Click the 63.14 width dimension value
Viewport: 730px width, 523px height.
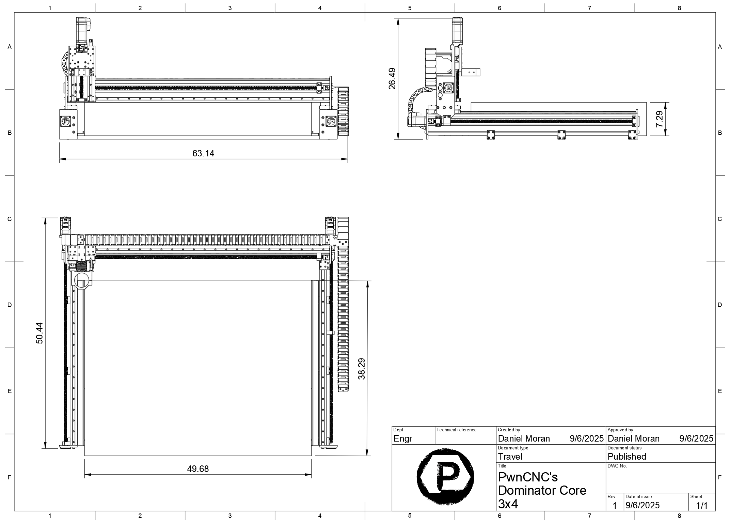[x=203, y=153]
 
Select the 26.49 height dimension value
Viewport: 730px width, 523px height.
[x=392, y=79]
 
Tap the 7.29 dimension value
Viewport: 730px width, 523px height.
[x=660, y=119]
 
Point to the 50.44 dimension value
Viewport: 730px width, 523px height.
[x=39, y=333]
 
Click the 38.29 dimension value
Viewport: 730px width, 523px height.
[x=362, y=369]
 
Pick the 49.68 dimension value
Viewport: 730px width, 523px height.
[x=198, y=469]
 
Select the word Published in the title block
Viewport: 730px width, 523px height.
[x=627, y=457]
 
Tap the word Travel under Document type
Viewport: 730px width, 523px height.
[x=510, y=457]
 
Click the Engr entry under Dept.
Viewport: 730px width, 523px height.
[x=403, y=439]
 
